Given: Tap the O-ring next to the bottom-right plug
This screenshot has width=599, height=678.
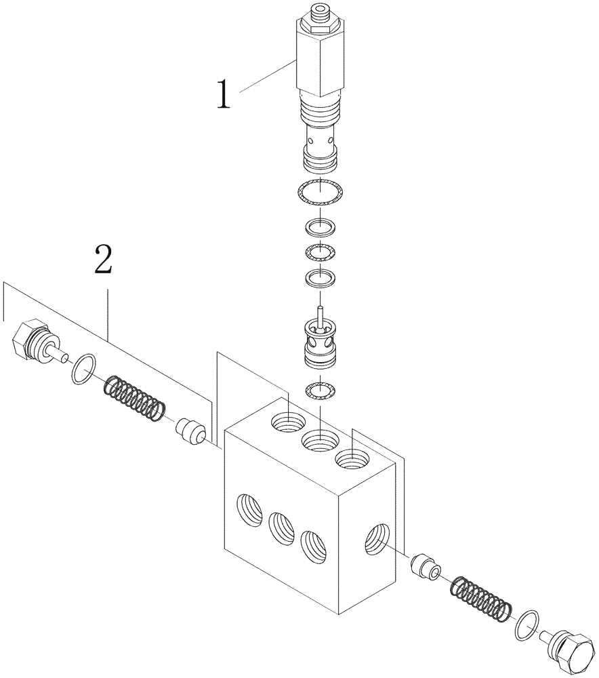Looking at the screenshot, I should [528, 624].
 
